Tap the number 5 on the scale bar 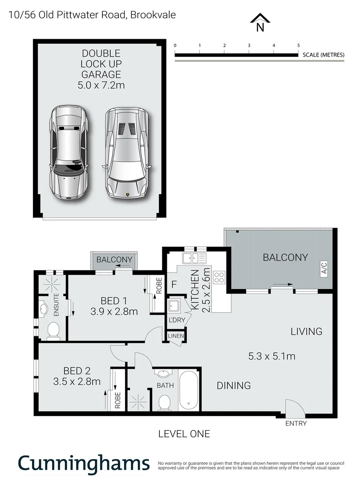point(298,46)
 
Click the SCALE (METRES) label point(324,55)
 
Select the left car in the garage point(69,153)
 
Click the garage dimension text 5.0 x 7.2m point(101,84)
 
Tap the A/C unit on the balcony point(324,269)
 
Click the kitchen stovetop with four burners point(219,278)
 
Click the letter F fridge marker point(174,284)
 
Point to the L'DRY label point(177,320)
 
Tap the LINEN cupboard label point(176,336)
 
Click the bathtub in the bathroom point(189,391)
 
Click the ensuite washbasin point(44,308)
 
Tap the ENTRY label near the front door point(296,424)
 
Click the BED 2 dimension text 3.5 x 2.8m point(77,381)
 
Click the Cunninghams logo point(84,463)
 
